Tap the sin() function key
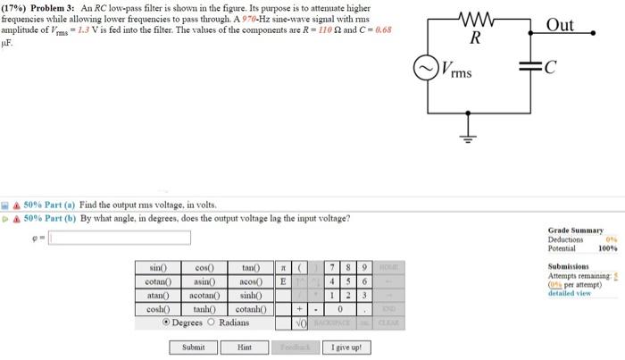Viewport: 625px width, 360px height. (158, 268)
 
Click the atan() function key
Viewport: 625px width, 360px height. (158, 295)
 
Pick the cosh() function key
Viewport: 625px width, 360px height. (158, 308)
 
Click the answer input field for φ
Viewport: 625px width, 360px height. (121, 237)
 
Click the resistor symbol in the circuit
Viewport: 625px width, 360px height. (474, 18)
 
